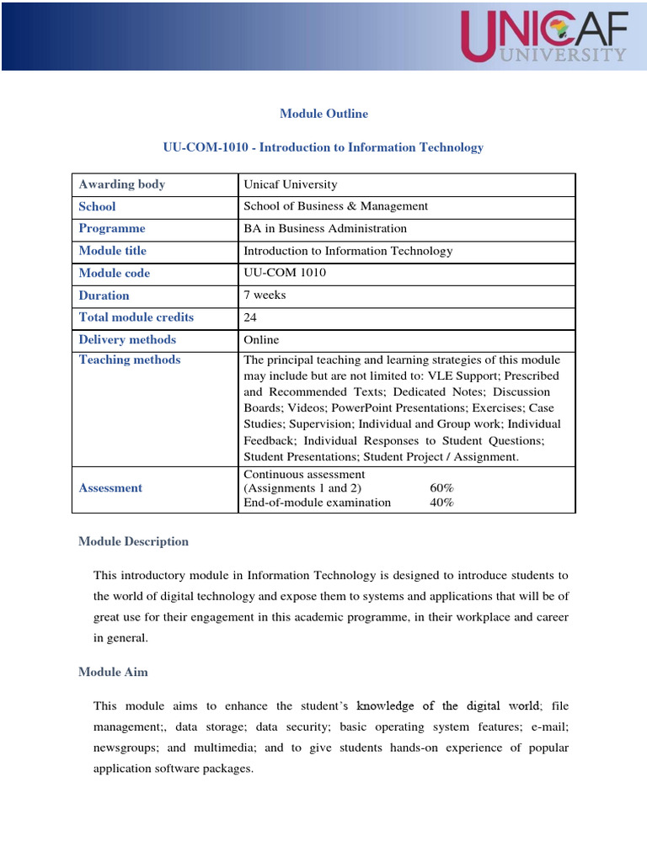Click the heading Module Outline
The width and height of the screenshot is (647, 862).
pyautogui.click(x=323, y=114)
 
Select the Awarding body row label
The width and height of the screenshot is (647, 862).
pyautogui.click(x=121, y=184)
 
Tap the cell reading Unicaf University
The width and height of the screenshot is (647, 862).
pyautogui.click(x=290, y=184)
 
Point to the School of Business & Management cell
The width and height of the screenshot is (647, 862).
pyautogui.click(x=335, y=206)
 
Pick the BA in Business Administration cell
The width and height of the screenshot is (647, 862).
pyautogui.click(x=324, y=228)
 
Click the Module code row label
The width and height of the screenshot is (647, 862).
pyautogui.click(x=114, y=274)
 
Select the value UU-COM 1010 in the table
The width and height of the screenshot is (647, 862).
pyautogui.click(x=285, y=274)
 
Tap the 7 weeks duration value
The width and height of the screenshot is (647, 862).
pyautogui.click(x=265, y=295)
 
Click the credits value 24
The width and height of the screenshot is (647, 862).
pyautogui.click(x=251, y=317)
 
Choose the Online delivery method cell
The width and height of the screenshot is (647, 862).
pyautogui.click(x=261, y=340)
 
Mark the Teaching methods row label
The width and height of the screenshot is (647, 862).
pyautogui.click(x=129, y=360)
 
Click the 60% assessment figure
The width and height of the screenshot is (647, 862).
pyautogui.click(x=441, y=488)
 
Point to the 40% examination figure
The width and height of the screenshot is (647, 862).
pyautogui.click(x=441, y=503)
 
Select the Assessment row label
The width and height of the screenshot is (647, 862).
pyautogui.click(x=110, y=488)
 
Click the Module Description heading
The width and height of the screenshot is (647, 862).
pyautogui.click(x=133, y=542)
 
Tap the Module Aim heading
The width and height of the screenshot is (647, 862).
pyautogui.click(x=113, y=672)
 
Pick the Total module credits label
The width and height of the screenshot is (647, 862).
pyautogui.click(x=136, y=317)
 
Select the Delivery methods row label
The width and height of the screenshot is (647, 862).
pyautogui.click(x=127, y=340)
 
